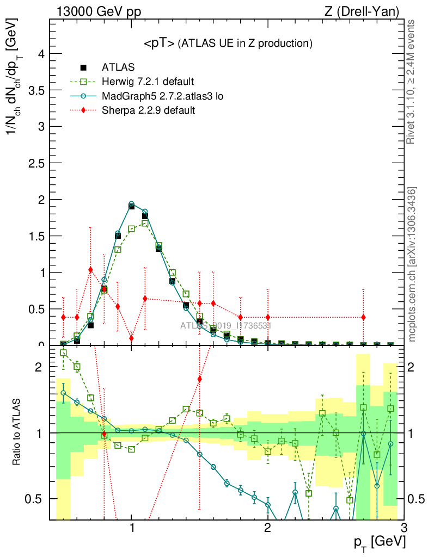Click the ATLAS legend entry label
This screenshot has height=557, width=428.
[118, 67]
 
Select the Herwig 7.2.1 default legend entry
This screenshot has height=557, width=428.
[147, 82]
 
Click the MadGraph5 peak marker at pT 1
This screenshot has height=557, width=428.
[131, 204]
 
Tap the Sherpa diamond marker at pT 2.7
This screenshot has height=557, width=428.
[363, 317]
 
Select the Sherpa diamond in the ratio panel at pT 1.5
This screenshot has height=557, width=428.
[200, 379]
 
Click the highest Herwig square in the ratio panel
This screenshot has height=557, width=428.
[63, 352]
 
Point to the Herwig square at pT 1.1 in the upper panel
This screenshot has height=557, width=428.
[145, 223]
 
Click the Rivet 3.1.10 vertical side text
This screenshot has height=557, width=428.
[412, 82]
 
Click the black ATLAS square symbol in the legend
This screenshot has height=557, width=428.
[83, 68]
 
